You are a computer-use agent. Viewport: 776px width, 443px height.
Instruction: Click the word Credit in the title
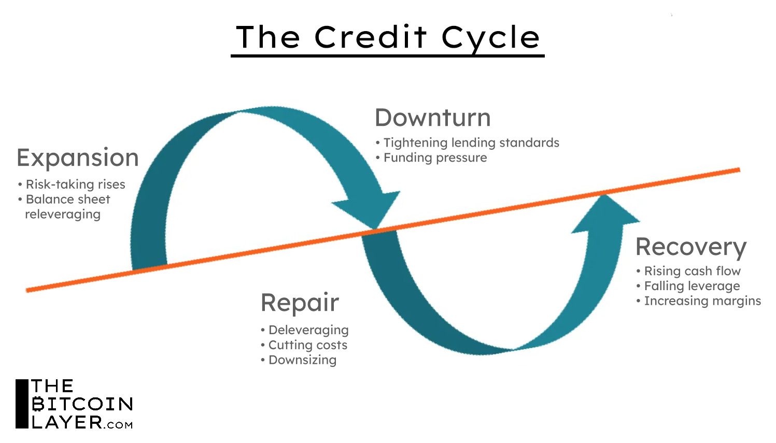(x=370, y=37)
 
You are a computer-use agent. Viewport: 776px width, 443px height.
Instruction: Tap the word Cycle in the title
(x=490, y=38)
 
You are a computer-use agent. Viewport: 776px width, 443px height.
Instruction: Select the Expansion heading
(x=78, y=158)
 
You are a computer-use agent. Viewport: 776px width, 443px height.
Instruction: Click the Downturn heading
(x=433, y=118)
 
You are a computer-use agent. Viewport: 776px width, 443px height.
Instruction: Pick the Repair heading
(x=300, y=303)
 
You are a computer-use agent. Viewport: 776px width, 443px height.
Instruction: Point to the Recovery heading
(x=690, y=247)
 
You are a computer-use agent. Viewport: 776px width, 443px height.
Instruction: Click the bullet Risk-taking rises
(x=75, y=184)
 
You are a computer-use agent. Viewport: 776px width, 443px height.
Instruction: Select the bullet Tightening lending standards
(x=471, y=142)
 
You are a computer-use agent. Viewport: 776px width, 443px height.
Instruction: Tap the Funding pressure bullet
(x=435, y=158)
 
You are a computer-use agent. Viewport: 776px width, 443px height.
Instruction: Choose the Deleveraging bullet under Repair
(x=308, y=330)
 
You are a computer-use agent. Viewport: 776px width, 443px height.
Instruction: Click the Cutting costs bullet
(x=307, y=345)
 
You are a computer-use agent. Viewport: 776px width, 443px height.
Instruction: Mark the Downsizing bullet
(x=302, y=360)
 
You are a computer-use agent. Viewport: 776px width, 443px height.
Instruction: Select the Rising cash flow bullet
(x=692, y=271)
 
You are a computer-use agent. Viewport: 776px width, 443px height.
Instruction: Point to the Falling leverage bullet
(x=692, y=286)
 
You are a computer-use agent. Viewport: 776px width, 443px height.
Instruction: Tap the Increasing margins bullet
(x=702, y=301)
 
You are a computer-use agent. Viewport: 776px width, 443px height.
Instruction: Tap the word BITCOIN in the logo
(x=82, y=404)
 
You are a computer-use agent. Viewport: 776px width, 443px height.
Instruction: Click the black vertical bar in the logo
(x=22, y=404)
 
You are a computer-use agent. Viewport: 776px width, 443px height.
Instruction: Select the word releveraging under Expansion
(x=63, y=215)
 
